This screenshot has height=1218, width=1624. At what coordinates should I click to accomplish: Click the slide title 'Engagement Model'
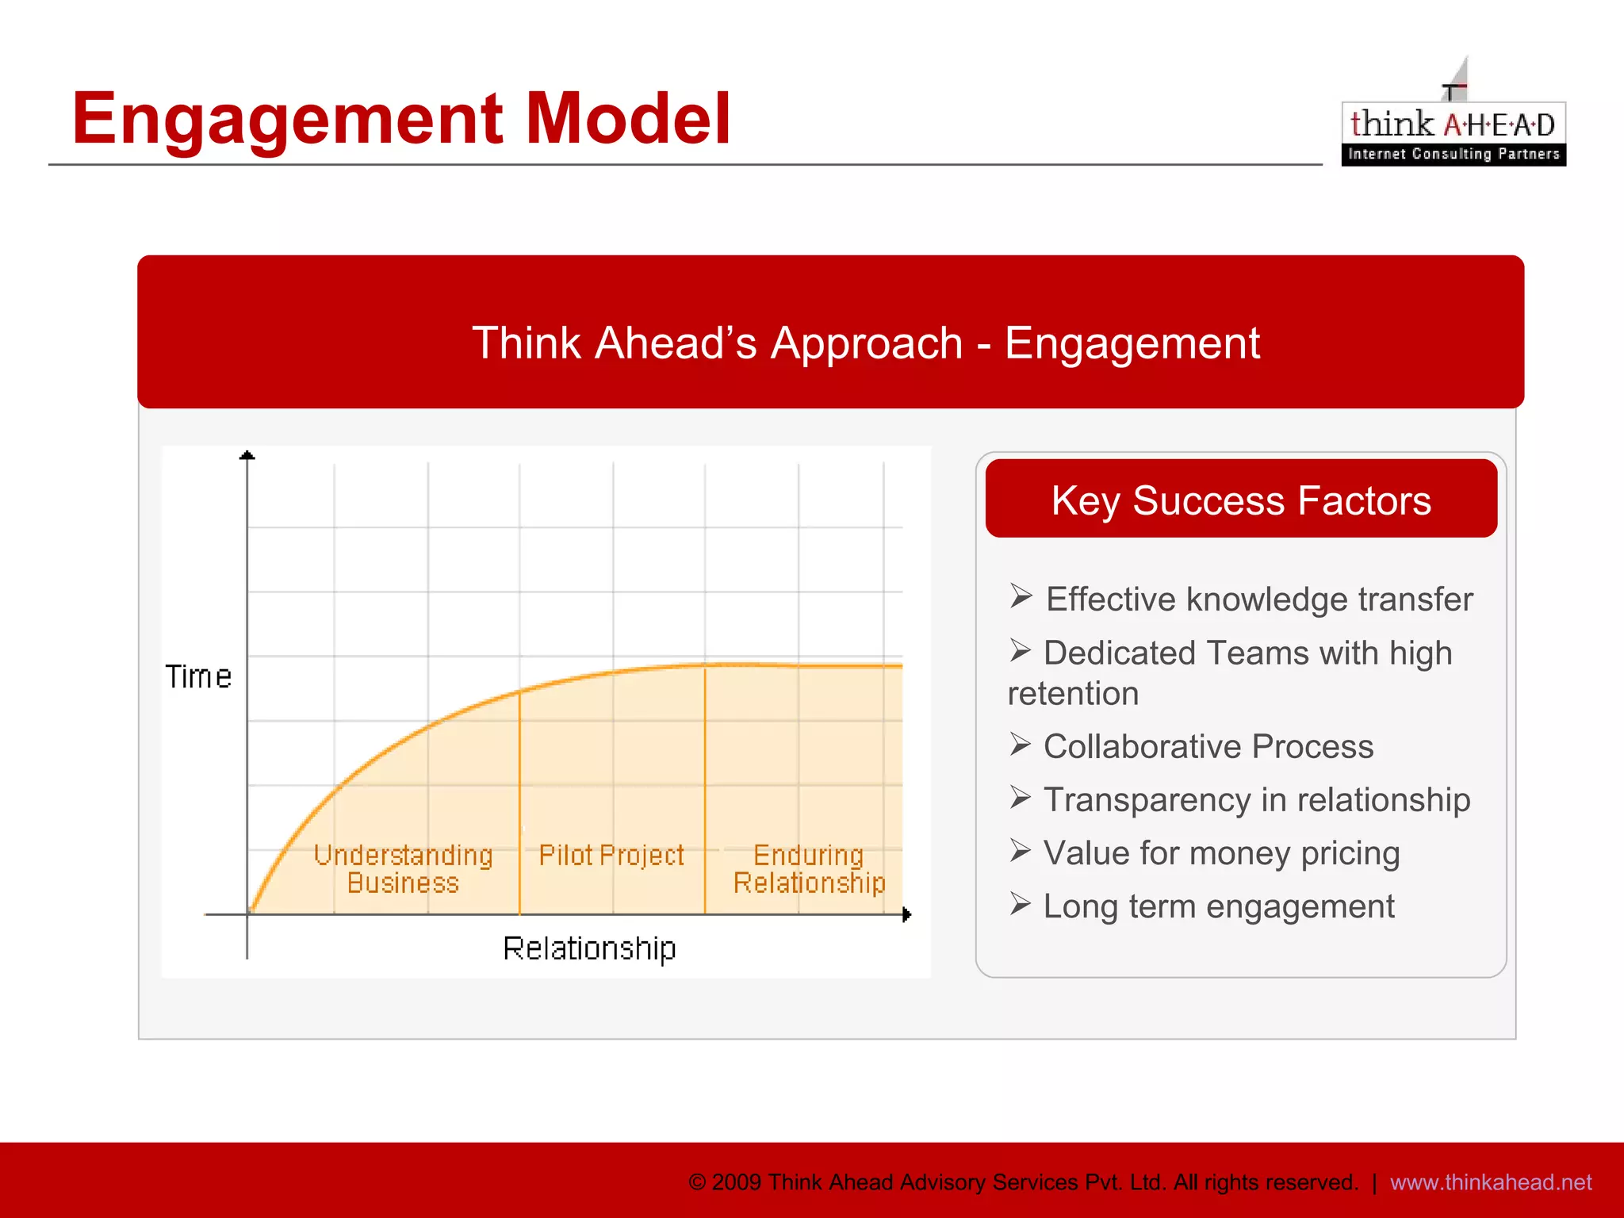point(400,119)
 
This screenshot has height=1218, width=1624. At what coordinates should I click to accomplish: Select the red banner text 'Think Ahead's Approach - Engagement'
point(865,343)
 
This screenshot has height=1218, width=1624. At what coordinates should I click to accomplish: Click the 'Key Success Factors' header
point(1241,500)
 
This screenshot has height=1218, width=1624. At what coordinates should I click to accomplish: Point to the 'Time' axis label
point(198,677)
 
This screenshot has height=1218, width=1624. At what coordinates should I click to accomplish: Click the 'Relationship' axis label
point(589,948)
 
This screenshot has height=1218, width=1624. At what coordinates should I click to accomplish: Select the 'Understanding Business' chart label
point(403,869)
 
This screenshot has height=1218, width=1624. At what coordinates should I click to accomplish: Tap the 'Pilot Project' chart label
point(611,856)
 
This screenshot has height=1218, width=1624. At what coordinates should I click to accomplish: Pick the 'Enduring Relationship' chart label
point(809,869)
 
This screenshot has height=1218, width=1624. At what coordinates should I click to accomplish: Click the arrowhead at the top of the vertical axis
point(247,455)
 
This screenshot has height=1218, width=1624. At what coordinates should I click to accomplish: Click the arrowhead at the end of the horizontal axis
point(906,915)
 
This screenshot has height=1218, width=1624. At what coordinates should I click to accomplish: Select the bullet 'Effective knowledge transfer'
point(1258,599)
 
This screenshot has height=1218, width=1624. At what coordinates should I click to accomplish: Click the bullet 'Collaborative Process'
point(1208,747)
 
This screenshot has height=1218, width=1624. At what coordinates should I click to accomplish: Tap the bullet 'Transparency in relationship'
point(1256,800)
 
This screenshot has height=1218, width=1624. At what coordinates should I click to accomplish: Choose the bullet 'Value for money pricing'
point(1221,853)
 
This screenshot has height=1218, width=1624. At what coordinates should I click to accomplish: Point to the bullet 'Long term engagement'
point(1218,906)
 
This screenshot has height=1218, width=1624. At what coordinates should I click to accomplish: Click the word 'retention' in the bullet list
point(1073,694)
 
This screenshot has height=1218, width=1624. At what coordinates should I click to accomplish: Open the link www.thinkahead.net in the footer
point(1491,1182)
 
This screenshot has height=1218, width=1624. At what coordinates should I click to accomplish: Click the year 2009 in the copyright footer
point(737,1182)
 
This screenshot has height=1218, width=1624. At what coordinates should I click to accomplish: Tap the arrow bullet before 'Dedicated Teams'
point(1021,651)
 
